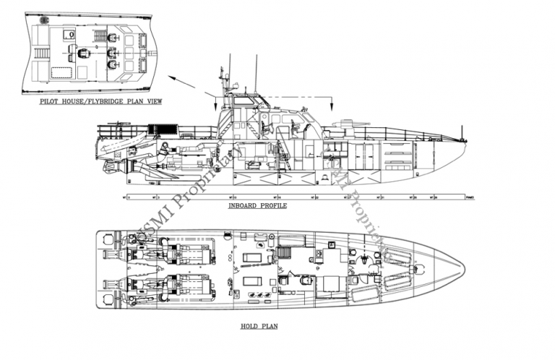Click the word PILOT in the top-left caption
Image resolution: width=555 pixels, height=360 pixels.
pos(51,103)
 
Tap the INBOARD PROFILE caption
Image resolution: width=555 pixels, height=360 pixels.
pos(257,206)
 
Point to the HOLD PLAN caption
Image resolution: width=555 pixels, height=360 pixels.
pos(259,327)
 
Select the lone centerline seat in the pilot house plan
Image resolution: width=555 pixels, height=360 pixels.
pos(85,53)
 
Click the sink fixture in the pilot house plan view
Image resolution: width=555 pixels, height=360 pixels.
pos(71,35)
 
